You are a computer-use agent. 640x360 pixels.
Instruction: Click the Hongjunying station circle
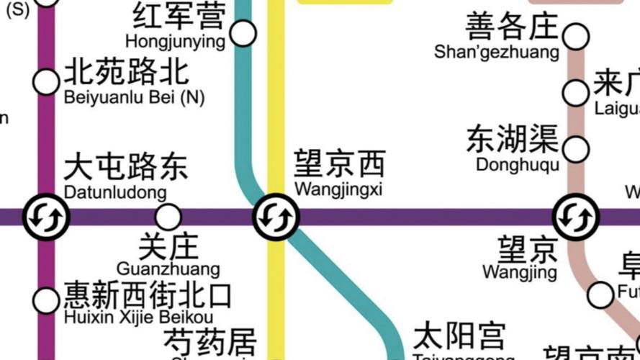(x=243, y=32)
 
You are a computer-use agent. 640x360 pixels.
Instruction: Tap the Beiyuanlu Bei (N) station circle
(x=47, y=82)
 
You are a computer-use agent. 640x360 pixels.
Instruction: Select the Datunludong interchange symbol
(x=46, y=216)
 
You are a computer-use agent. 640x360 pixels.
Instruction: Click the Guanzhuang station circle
(x=168, y=216)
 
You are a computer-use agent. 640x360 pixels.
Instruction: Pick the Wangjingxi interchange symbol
(x=276, y=216)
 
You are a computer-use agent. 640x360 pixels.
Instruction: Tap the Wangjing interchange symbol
(x=576, y=216)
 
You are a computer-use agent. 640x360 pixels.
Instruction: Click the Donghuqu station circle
(x=576, y=150)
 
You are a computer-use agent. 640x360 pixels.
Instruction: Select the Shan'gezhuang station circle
(x=576, y=35)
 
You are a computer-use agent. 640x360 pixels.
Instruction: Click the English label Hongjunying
(x=175, y=41)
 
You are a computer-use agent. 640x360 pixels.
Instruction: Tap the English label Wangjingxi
(x=338, y=190)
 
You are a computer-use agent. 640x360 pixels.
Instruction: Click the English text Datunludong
(x=115, y=193)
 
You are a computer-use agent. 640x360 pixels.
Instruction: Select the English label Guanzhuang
(x=168, y=270)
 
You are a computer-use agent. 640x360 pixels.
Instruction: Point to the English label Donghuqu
(x=518, y=164)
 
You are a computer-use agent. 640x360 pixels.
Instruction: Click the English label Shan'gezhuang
(x=497, y=53)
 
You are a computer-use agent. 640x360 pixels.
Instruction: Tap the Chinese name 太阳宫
(x=459, y=337)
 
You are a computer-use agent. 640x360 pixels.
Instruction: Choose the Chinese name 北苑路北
(x=127, y=72)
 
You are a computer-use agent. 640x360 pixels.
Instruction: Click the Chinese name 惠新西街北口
(x=148, y=296)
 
